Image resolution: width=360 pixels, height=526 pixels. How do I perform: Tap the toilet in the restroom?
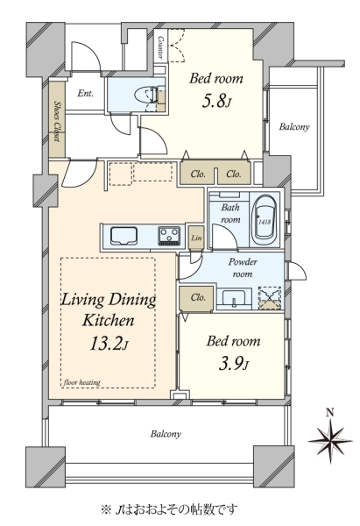pyautogui.click(x=145, y=95)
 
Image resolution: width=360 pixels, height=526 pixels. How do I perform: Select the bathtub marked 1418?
pyautogui.click(x=265, y=220)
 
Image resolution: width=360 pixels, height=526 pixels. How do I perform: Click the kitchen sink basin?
pyautogui.click(x=124, y=236)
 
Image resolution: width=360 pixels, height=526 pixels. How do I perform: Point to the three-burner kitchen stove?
pyautogui.click(x=169, y=236)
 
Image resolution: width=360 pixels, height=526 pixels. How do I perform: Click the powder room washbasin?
pyautogui.click(x=235, y=297)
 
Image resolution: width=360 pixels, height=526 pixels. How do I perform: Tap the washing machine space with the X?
pyautogui.click(x=270, y=298)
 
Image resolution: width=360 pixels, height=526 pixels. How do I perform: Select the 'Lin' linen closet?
pyautogui.click(x=196, y=238)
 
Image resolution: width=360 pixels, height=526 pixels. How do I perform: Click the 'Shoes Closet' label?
pyautogui.click(x=57, y=121)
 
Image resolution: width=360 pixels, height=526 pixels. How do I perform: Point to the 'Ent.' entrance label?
pyautogui.click(x=85, y=94)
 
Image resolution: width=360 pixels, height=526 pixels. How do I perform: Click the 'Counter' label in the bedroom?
pyautogui.click(x=160, y=47)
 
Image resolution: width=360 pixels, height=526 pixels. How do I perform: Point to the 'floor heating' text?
pyautogui.click(x=81, y=382)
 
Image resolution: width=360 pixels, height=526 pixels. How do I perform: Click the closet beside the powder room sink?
pyautogui.click(x=196, y=298)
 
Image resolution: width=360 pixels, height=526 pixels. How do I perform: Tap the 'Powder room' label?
pyautogui.click(x=243, y=267)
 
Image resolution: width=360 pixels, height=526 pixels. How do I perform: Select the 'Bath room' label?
pyautogui.click(x=230, y=213)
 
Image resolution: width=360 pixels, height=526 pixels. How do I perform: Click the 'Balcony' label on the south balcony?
pyautogui.click(x=166, y=434)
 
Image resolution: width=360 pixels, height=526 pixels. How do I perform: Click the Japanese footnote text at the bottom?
pyautogui.click(x=169, y=510)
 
